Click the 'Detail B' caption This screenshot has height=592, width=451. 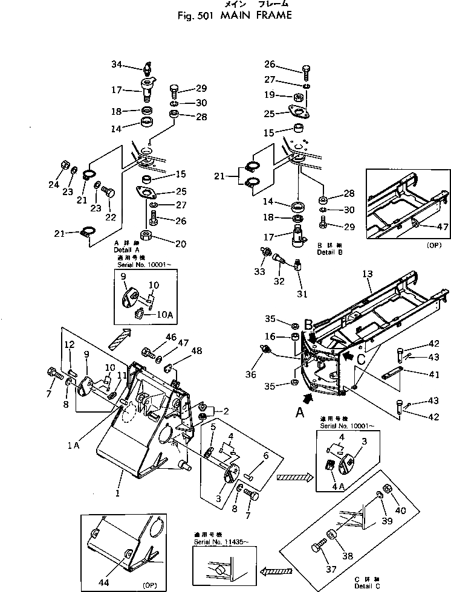pyautogui.click(x=329, y=253)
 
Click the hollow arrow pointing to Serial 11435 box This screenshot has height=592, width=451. pyautogui.click(x=281, y=568)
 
